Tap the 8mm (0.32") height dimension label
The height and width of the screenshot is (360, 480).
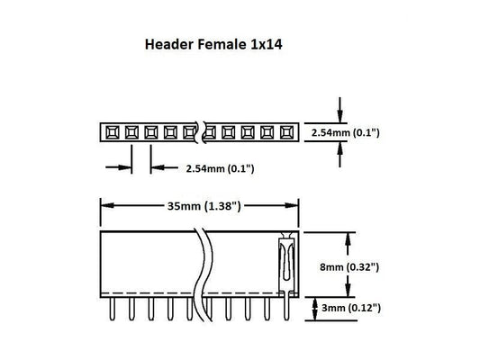tap(349, 266)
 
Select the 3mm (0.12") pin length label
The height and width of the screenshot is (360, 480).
tap(349, 308)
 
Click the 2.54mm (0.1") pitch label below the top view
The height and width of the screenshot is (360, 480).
tap(218, 167)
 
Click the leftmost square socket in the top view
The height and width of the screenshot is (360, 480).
tap(111, 133)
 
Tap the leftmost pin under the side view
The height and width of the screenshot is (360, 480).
tap(111, 309)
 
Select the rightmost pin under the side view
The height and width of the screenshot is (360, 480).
tap(286, 309)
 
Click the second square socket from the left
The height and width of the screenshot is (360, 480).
tap(130, 133)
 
